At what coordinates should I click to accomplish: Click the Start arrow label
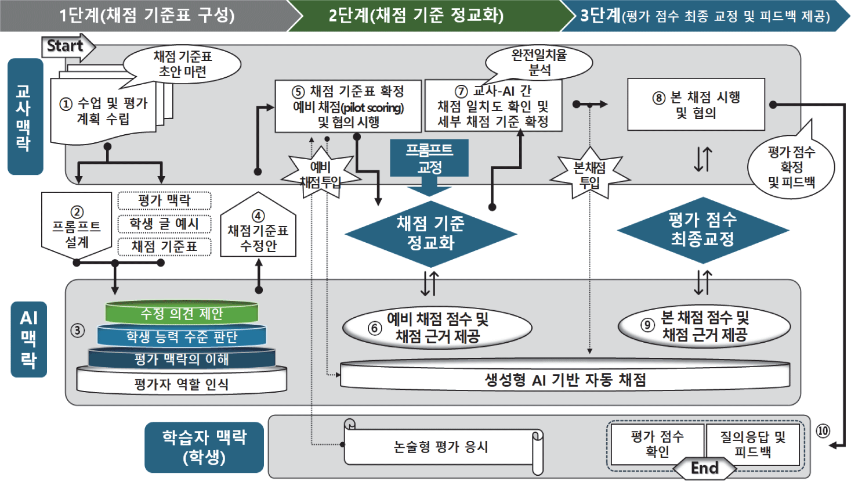point(66,46)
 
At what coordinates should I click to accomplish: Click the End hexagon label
point(704,468)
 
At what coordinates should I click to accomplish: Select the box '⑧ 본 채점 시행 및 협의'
point(696,105)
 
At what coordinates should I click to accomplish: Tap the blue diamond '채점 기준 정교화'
point(430,233)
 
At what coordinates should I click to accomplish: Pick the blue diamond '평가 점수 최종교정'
point(702,229)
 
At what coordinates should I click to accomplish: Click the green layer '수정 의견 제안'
point(182,314)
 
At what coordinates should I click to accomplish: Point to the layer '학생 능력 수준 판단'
point(182,336)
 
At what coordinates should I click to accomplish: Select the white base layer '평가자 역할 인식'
point(182,383)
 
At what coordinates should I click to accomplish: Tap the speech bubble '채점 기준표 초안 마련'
point(183,64)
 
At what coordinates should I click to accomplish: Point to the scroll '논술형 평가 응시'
point(441,447)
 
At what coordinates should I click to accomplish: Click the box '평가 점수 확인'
point(657,444)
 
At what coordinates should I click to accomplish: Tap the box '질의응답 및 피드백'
point(752,444)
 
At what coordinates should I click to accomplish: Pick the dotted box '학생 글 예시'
point(164,224)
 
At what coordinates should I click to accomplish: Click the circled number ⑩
point(823,430)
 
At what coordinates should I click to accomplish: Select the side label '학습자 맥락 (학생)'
point(204,447)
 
